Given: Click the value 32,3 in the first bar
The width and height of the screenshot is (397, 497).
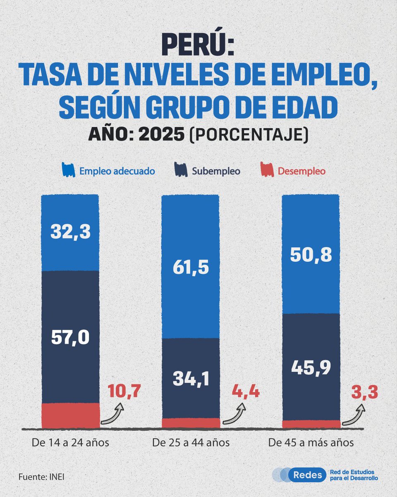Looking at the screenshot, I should click(70, 232).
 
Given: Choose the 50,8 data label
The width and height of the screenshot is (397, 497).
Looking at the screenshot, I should click(311, 255).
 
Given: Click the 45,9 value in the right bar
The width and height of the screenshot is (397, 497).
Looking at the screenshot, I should click(311, 368).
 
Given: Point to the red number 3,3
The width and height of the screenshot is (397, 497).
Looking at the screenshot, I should click(365, 392).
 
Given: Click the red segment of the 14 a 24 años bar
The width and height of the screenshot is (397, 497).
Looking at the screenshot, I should click(71, 415).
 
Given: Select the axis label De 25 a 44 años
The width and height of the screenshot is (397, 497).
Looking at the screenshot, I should click(191, 443).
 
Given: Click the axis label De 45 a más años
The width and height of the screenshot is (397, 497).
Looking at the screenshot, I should click(311, 443).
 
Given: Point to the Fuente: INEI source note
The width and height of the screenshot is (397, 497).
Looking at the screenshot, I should click(41, 477).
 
